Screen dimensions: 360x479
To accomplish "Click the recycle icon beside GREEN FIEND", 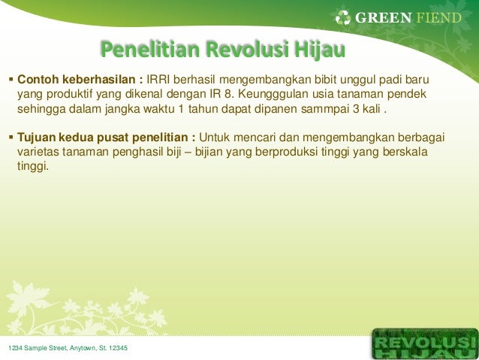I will pos(343,17).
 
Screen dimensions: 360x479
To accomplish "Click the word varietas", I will pos(39,153).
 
